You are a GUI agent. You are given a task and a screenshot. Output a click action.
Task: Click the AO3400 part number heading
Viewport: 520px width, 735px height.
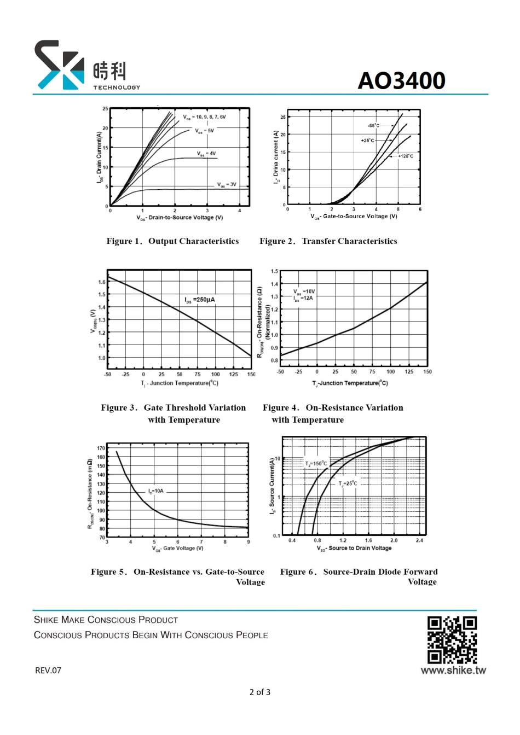[x=401, y=80]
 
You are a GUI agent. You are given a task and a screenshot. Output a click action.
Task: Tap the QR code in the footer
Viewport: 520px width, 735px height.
[x=452, y=639]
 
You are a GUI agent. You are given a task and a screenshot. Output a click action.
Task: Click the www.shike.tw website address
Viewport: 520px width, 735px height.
[x=453, y=670]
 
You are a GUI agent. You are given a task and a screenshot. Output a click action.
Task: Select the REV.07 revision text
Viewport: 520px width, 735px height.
[x=48, y=670]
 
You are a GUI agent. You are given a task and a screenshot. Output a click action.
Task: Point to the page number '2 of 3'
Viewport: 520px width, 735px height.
[x=260, y=692]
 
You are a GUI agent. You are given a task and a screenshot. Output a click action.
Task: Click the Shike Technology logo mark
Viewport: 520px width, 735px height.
[x=60, y=65]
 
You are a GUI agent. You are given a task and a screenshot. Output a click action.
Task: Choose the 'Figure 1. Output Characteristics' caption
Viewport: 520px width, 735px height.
[x=172, y=241]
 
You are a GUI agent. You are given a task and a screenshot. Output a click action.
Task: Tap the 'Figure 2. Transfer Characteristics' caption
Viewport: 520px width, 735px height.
[x=328, y=241]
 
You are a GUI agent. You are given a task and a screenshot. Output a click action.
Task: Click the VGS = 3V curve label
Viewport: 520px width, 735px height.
[x=227, y=185]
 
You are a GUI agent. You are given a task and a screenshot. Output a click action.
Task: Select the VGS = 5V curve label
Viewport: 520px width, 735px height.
[x=205, y=131]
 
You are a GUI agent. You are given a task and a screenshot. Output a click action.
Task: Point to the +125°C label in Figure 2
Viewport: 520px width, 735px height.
[x=406, y=156]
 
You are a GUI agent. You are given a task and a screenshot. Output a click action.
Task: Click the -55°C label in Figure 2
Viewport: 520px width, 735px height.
[x=373, y=126]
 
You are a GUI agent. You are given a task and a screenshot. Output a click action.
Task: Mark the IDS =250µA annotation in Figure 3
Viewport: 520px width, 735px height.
[x=200, y=300]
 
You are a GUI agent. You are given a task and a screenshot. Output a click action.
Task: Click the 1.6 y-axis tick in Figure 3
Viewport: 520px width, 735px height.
[x=102, y=282]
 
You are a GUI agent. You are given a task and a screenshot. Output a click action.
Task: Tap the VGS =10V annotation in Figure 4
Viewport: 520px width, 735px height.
[x=304, y=291]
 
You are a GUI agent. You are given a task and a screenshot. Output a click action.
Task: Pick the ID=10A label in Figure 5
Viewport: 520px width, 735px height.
[x=156, y=491]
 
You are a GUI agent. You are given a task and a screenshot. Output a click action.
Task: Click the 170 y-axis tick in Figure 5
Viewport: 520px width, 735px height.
[x=101, y=448]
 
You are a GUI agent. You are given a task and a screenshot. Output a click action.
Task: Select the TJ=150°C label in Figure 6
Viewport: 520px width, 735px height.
[x=316, y=464]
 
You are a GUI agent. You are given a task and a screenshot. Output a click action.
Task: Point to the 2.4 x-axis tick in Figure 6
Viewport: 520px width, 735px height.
[x=419, y=540]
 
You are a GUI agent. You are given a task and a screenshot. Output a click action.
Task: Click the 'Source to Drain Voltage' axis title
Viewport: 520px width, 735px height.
[x=354, y=548]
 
